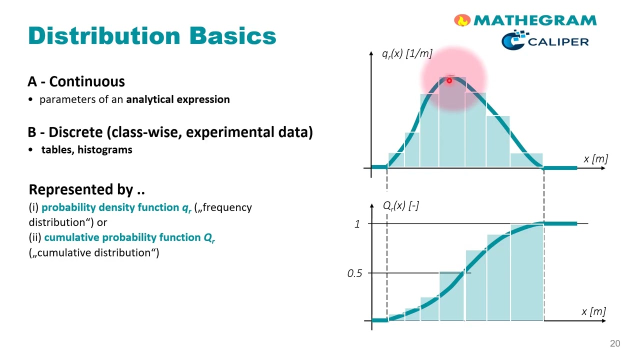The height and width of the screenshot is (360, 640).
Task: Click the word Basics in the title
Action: point(233,36)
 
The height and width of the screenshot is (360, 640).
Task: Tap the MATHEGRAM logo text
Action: point(535,20)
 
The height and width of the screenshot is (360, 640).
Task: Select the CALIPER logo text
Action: point(558,42)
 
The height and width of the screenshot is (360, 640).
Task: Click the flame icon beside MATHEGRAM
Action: point(462,20)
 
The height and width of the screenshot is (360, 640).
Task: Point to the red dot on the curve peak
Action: point(449,81)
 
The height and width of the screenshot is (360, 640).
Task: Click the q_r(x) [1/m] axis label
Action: point(407,53)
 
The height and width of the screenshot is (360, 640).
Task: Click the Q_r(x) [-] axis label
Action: point(401,205)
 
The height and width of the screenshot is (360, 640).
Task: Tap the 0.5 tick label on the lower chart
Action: point(354,273)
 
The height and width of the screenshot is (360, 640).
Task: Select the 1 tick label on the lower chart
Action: point(357,224)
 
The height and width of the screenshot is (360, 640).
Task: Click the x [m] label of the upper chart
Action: point(595,159)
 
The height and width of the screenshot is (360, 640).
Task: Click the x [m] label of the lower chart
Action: point(593,311)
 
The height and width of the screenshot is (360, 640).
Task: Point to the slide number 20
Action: point(615,343)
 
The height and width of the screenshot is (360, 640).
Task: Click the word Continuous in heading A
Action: point(87,81)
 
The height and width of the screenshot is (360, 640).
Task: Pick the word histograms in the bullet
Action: point(105,149)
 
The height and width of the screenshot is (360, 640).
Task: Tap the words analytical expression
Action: point(178,99)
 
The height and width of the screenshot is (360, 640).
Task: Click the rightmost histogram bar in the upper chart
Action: point(526,160)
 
